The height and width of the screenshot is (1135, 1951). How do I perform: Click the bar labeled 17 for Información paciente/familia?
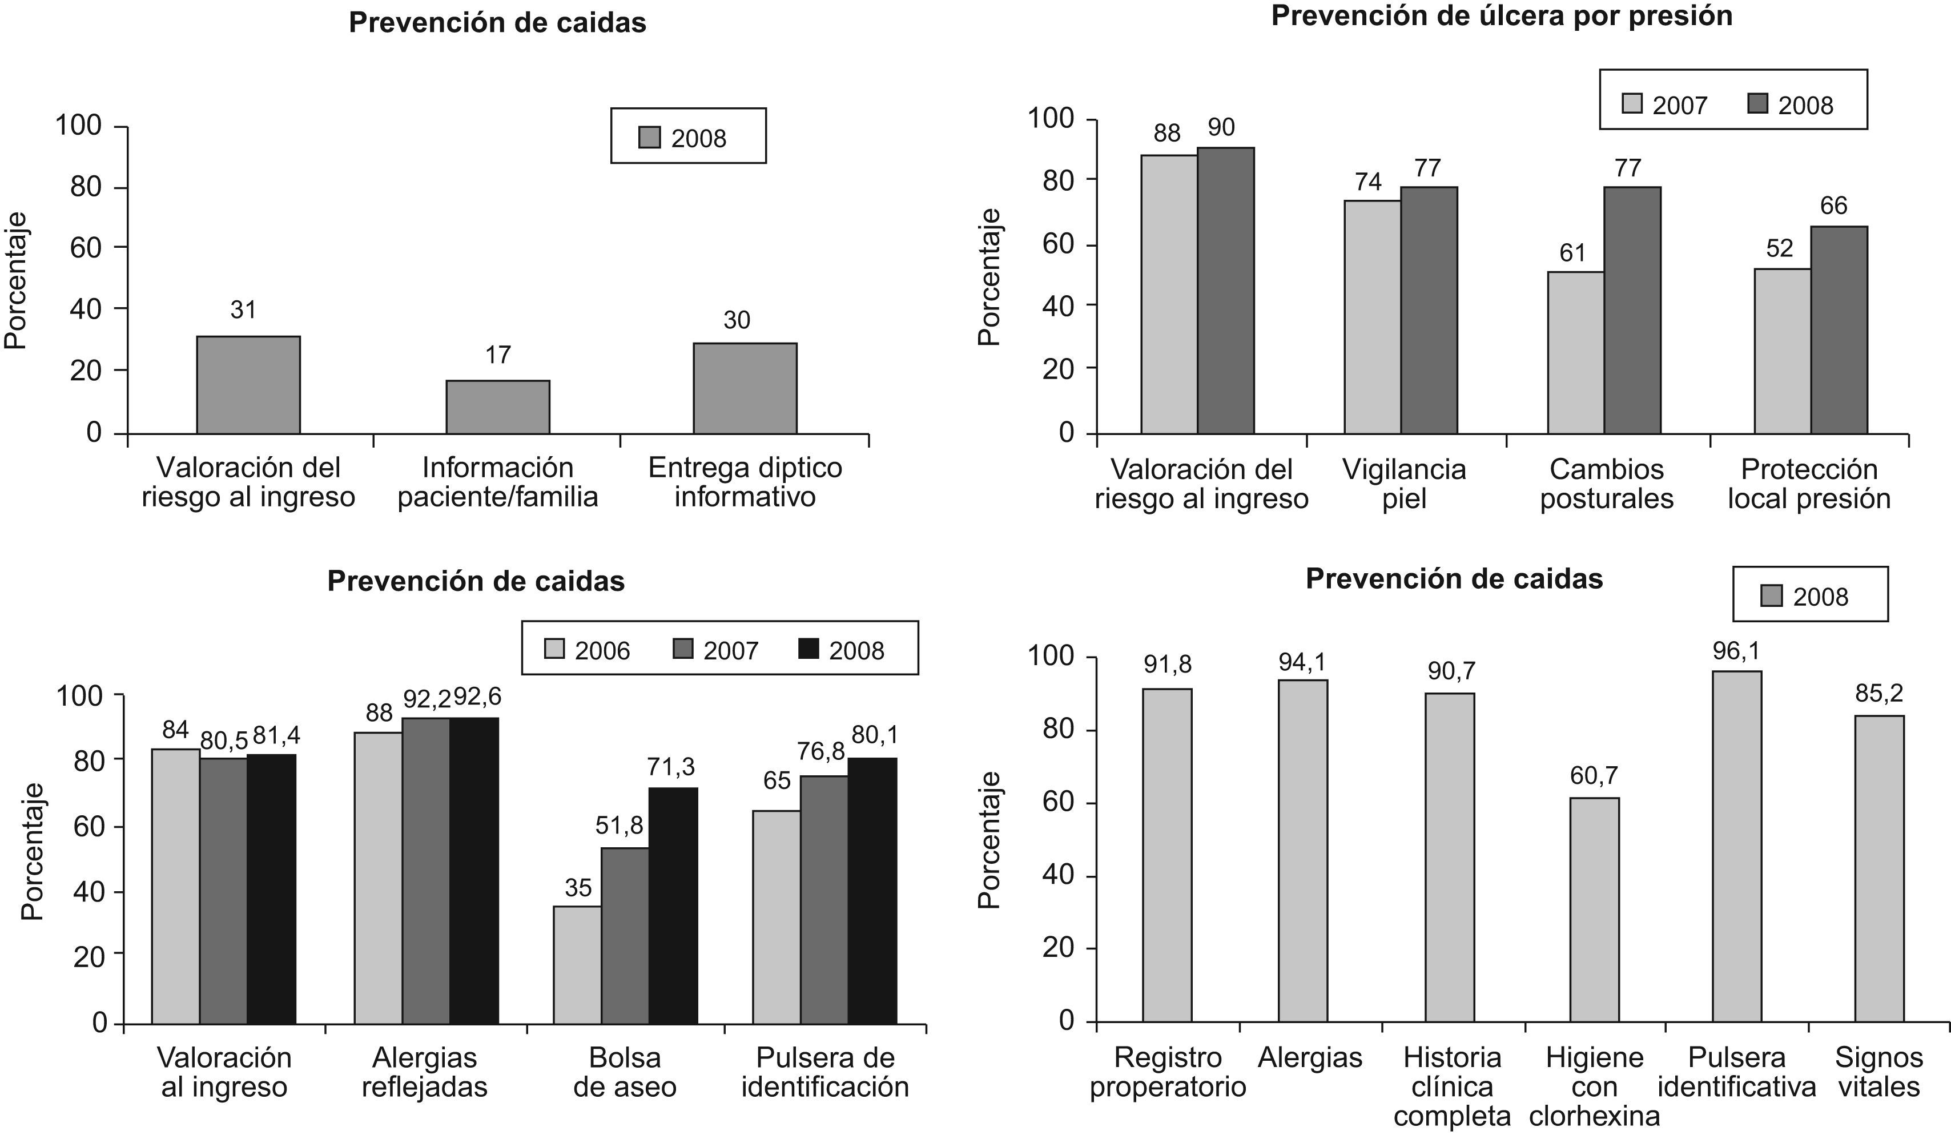pos(497,406)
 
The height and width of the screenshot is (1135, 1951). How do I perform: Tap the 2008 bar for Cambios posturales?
pos(1632,309)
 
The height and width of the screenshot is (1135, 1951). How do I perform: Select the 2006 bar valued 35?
pos(578,965)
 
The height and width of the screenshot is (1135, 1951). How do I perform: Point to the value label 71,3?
pos(671,767)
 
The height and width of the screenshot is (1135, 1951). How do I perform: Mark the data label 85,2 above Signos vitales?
pos(1879,694)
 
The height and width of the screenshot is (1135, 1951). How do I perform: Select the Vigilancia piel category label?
pos(1403,483)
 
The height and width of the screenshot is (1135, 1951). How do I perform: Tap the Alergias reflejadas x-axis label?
pos(424,1072)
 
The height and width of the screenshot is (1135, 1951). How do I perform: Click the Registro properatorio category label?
pos(1168,1072)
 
